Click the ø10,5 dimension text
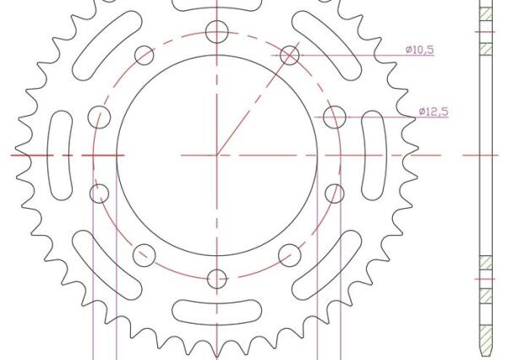pos(419,50)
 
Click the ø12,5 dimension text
pos(434,112)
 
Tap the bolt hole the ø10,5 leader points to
pos(290,55)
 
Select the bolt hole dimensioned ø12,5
pos(335,117)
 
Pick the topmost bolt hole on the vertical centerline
pos(218,32)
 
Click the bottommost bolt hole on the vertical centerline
pos(218,278)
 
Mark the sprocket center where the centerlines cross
pos(218,155)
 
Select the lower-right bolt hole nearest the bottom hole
pos(290,254)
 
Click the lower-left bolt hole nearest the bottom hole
pos(145,254)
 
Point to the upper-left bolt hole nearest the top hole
pos(145,55)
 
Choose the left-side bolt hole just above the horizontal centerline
pos(101,117)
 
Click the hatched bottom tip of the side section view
pos(486,342)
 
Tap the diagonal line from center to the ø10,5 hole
pos(254,106)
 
